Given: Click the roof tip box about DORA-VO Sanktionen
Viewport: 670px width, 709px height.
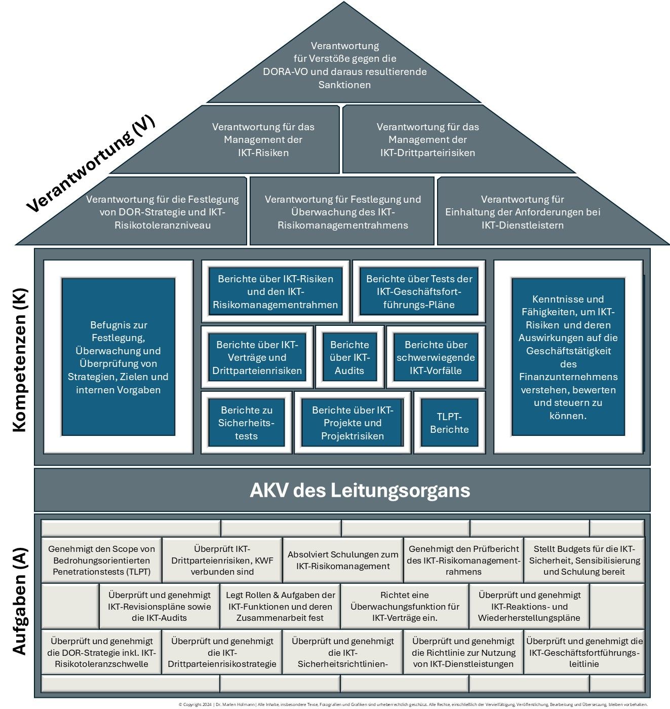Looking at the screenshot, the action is (x=344, y=65).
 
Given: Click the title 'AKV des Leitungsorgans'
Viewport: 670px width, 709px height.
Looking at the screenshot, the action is (x=360, y=490).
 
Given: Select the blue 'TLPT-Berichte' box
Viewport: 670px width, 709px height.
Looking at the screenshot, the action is (x=449, y=423).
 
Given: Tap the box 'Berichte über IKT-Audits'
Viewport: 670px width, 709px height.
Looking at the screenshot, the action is (x=349, y=357).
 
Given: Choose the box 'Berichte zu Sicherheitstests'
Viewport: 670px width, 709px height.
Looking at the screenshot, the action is (x=246, y=423).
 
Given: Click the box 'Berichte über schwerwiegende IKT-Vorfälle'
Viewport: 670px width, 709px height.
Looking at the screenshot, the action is (x=436, y=357).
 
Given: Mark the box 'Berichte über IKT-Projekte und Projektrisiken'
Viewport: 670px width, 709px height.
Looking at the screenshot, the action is (x=352, y=423).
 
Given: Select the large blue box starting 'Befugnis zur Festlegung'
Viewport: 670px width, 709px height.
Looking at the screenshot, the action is (x=118, y=357).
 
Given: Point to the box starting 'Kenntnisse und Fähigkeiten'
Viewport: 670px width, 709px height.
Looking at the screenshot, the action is (x=568, y=357).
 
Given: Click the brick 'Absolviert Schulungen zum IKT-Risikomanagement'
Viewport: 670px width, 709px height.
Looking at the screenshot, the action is (x=343, y=560).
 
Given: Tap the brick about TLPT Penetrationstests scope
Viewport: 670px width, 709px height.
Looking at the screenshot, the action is (x=102, y=560).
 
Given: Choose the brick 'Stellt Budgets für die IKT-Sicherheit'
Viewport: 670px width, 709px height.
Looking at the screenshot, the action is (x=584, y=560).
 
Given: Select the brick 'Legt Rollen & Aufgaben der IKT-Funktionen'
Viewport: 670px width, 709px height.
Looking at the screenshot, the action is (x=280, y=606).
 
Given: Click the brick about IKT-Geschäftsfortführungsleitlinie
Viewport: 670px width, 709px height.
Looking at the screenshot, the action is (x=584, y=652).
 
